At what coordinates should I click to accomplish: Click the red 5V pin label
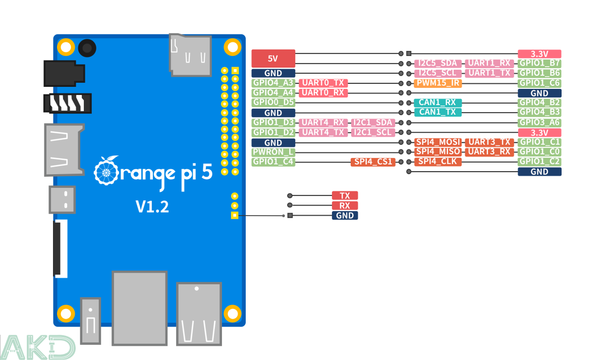(x=273, y=59)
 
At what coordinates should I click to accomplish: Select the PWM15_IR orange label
(x=437, y=83)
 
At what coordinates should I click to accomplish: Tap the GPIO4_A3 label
(x=273, y=83)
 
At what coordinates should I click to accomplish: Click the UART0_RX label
(x=322, y=93)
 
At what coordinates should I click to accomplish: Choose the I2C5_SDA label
(x=437, y=64)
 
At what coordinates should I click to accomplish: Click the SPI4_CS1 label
(x=373, y=162)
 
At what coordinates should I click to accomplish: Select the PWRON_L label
(x=273, y=152)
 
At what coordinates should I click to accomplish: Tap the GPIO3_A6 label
(x=539, y=123)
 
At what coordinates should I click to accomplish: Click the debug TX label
(x=345, y=196)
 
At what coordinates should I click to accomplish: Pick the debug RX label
(x=345, y=206)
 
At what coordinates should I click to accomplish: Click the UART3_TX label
(x=489, y=142)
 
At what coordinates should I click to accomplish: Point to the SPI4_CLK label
(x=437, y=162)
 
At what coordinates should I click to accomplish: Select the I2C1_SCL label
(x=373, y=132)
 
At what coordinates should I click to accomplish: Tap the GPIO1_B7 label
(x=539, y=64)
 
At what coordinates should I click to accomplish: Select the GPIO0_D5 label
(x=273, y=102)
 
